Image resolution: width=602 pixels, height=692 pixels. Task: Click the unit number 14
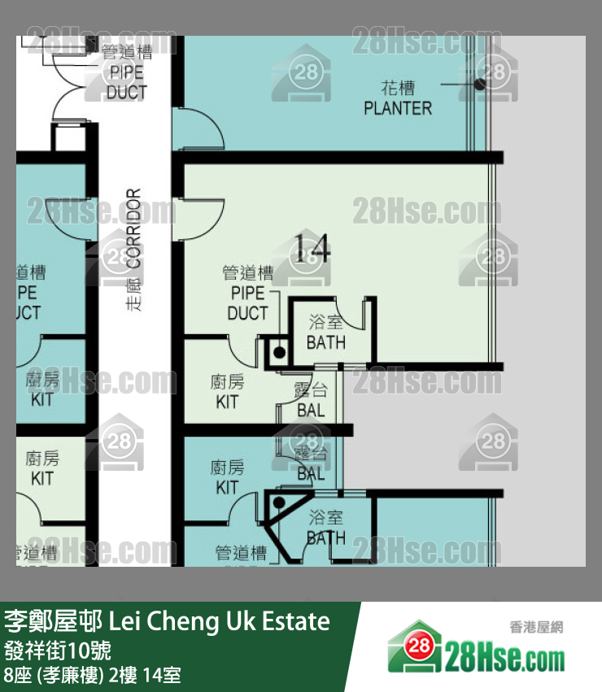pos(312,248)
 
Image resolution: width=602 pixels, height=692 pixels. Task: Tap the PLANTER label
pos(398,98)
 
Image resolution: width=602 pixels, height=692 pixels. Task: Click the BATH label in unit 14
pos(325,333)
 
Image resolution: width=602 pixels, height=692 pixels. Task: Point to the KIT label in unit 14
pos(227,392)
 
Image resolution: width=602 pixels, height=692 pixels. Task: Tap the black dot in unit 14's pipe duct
pos(278,353)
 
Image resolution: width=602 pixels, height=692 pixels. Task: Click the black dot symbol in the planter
pos(480,83)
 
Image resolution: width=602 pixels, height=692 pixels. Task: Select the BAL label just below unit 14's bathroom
pos(311,401)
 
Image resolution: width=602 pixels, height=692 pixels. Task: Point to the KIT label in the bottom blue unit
pos(227,478)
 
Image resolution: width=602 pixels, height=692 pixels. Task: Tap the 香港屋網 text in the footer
pos(536,627)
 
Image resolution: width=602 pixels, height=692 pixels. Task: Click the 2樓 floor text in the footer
pos(120,674)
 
